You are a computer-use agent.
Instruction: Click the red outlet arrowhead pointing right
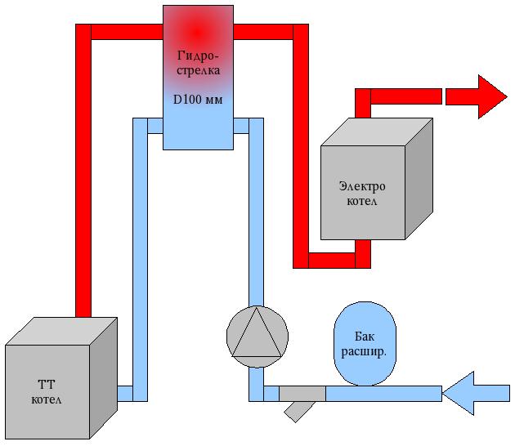[492, 96]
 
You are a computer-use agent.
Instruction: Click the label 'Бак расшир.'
[365, 344]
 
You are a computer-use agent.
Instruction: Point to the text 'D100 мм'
[198, 99]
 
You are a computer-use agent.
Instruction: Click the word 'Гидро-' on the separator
[198, 56]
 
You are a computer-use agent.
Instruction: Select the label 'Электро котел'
[362, 193]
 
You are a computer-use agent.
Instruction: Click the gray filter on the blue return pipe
[302, 394]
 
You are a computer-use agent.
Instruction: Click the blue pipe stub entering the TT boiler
[124, 394]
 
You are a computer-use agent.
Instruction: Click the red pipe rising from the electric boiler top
[363, 105]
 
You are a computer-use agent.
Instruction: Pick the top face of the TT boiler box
[61, 331]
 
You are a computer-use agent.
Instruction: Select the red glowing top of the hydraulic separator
[196, 29]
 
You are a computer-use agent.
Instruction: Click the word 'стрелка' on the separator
[198, 70]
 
